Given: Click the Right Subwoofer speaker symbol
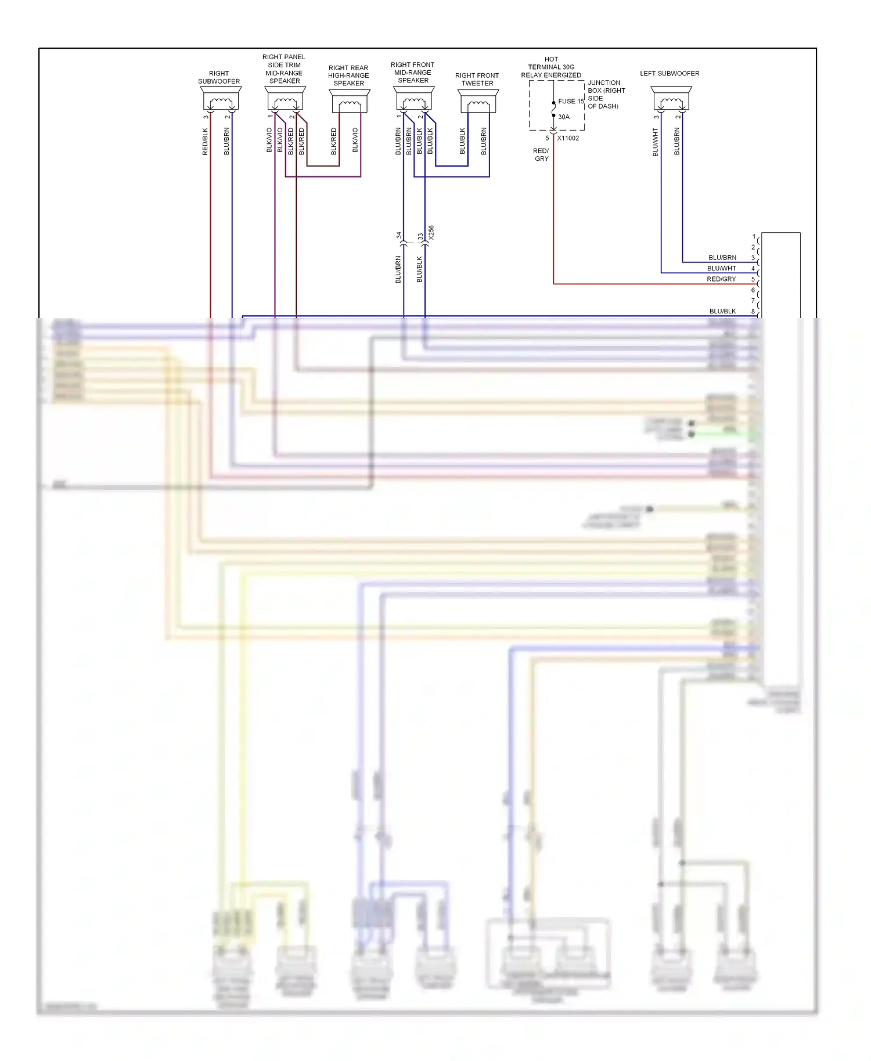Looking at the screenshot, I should click(x=221, y=99).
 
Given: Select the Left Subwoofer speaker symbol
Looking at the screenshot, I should click(x=671, y=99).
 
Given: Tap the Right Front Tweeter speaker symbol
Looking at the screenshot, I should click(x=478, y=101).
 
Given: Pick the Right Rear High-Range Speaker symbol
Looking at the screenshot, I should click(x=349, y=101).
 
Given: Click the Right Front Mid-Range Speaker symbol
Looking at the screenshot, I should click(x=413, y=99).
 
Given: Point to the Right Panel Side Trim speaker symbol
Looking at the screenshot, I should click(x=285, y=99).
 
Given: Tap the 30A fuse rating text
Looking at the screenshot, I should click(x=564, y=117).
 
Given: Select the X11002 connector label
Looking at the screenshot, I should click(x=568, y=138).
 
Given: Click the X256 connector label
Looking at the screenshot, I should click(x=431, y=233).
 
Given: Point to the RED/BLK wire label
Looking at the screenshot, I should click(x=205, y=142).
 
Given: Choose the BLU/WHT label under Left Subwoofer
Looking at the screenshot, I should click(x=656, y=142).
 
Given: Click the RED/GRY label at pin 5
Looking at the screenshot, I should click(x=721, y=279).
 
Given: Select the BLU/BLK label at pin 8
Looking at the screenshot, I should click(x=722, y=312).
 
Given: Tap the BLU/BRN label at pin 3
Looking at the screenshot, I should click(x=722, y=258).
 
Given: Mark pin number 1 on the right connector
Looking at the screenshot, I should click(x=754, y=237).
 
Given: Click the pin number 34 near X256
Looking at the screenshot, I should click(x=399, y=236).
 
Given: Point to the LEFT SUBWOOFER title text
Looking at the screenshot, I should click(x=670, y=74).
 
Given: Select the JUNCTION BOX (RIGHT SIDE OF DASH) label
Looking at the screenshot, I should click(x=606, y=95).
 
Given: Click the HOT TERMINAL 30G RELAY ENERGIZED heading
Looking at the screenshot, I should click(x=551, y=67).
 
